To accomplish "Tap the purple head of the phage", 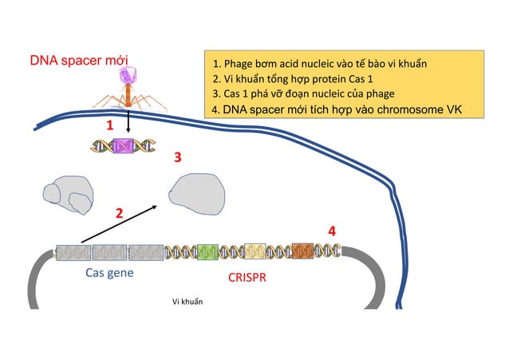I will tap(128, 77).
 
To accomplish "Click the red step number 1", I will tap(110, 125).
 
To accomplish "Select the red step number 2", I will tap(119, 213).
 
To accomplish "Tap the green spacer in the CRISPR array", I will tap(207, 252).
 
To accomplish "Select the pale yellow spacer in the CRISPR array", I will tap(255, 252).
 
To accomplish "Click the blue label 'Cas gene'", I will tap(109, 273).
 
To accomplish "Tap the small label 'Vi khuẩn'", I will tap(188, 302).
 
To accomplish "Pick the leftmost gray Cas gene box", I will tap(73, 253).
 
